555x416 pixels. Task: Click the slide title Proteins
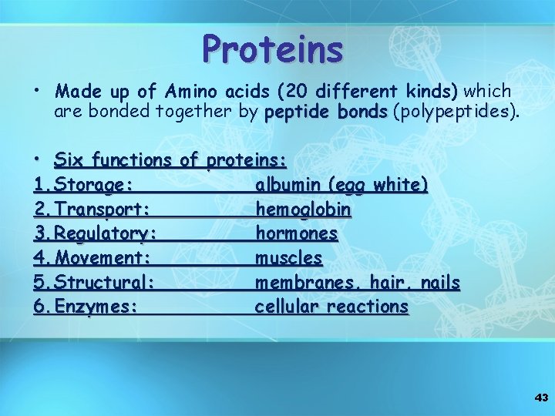tap(272, 49)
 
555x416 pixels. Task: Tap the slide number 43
tap(541, 398)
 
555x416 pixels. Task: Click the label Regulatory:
tap(107, 233)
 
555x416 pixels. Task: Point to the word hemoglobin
tap(304, 210)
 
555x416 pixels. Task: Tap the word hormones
tap(297, 233)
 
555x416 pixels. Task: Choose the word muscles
tap(289, 257)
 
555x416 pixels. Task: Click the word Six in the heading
tap(70, 160)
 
